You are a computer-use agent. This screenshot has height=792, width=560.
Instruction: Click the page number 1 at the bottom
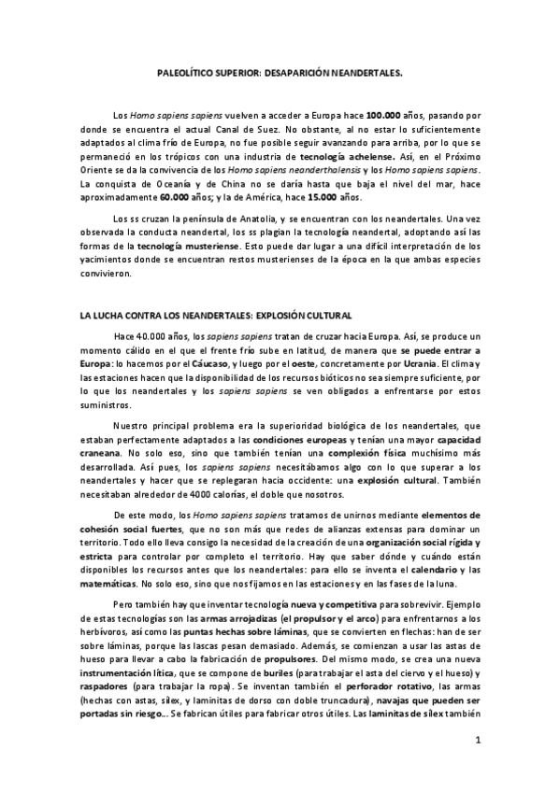tap(477, 742)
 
